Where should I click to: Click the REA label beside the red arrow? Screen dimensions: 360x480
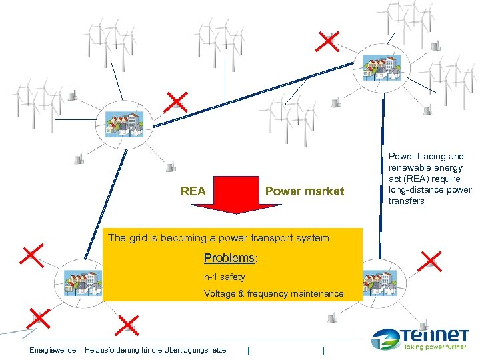pos(193,191)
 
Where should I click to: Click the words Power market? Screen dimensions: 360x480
pos(305,191)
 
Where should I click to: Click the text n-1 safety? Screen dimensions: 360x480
pos(225,277)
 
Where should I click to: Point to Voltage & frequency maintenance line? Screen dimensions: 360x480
pos(273,293)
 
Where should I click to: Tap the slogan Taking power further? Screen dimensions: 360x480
pos(437,348)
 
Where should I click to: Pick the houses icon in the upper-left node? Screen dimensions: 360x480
pos(123,124)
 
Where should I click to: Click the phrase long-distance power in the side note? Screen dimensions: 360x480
pos(429,190)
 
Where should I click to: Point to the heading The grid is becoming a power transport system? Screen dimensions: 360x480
pos(218,238)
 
